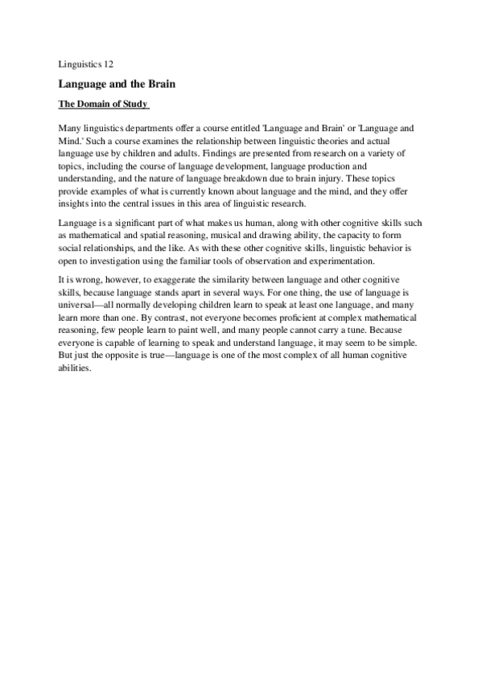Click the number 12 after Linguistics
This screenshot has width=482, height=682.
click(x=109, y=64)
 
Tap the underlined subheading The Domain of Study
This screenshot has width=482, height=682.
click(x=103, y=105)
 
